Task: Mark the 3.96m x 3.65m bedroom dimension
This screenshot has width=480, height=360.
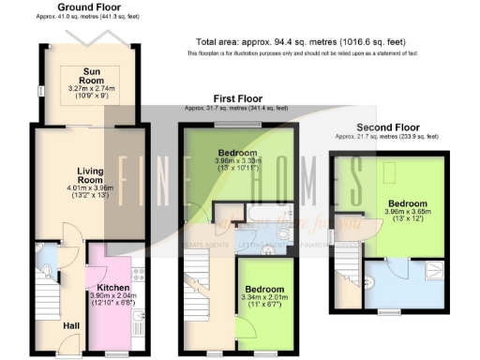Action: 407,214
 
